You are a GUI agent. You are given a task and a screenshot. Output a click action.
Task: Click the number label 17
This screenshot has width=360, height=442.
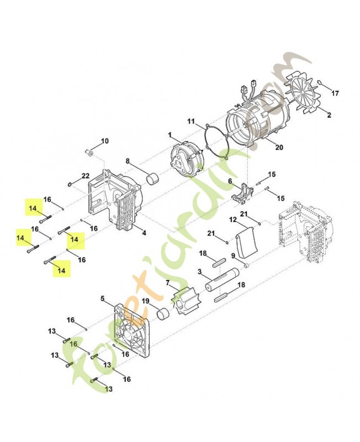tap(335, 93)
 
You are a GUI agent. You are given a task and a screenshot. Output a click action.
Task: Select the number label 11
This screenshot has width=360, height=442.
tap(191, 121)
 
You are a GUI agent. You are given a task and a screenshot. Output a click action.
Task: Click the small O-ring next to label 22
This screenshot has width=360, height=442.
tap(70, 183)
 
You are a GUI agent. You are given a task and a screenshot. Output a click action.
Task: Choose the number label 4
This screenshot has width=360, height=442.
tap(144, 233)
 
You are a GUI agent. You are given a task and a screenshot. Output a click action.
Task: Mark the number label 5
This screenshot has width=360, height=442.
tap(102, 298)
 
